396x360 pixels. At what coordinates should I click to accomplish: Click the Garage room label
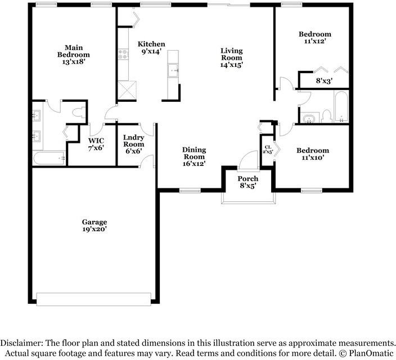click(x=94, y=226)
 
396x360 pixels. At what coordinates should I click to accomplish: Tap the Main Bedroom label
click(x=74, y=55)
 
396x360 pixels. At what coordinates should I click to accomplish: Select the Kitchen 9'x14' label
click(x=151, y=48)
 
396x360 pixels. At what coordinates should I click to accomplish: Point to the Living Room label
click(x=232, y=57)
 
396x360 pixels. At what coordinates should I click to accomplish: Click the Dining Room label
click(x=194, y=156)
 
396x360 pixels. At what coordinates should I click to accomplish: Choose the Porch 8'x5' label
click(x=248, y=182)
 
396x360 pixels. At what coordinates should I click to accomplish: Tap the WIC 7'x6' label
click(x=96, y=144)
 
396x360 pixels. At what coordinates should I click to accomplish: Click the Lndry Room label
click(x=134, y=144)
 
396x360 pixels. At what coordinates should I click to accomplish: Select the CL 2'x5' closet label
click(x=268, y=149)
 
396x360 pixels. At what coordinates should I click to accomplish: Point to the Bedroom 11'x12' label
click(x=314, y=37)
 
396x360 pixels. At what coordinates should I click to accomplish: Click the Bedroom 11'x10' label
click(x=313, y=154)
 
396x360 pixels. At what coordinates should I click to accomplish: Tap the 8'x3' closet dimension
click(x=324, y=81)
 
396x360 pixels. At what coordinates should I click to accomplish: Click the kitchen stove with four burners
click(x=123, y=55)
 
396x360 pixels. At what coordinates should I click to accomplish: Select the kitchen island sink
click(x=173, y=70)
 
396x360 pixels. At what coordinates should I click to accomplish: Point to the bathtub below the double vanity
click(x=49, y=158)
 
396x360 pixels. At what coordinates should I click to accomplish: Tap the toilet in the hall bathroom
click(x=327, y=116)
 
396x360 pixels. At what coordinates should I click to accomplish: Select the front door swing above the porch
click(x=249, y=160)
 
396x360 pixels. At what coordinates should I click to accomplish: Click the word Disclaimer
click(x=22, y=343)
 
